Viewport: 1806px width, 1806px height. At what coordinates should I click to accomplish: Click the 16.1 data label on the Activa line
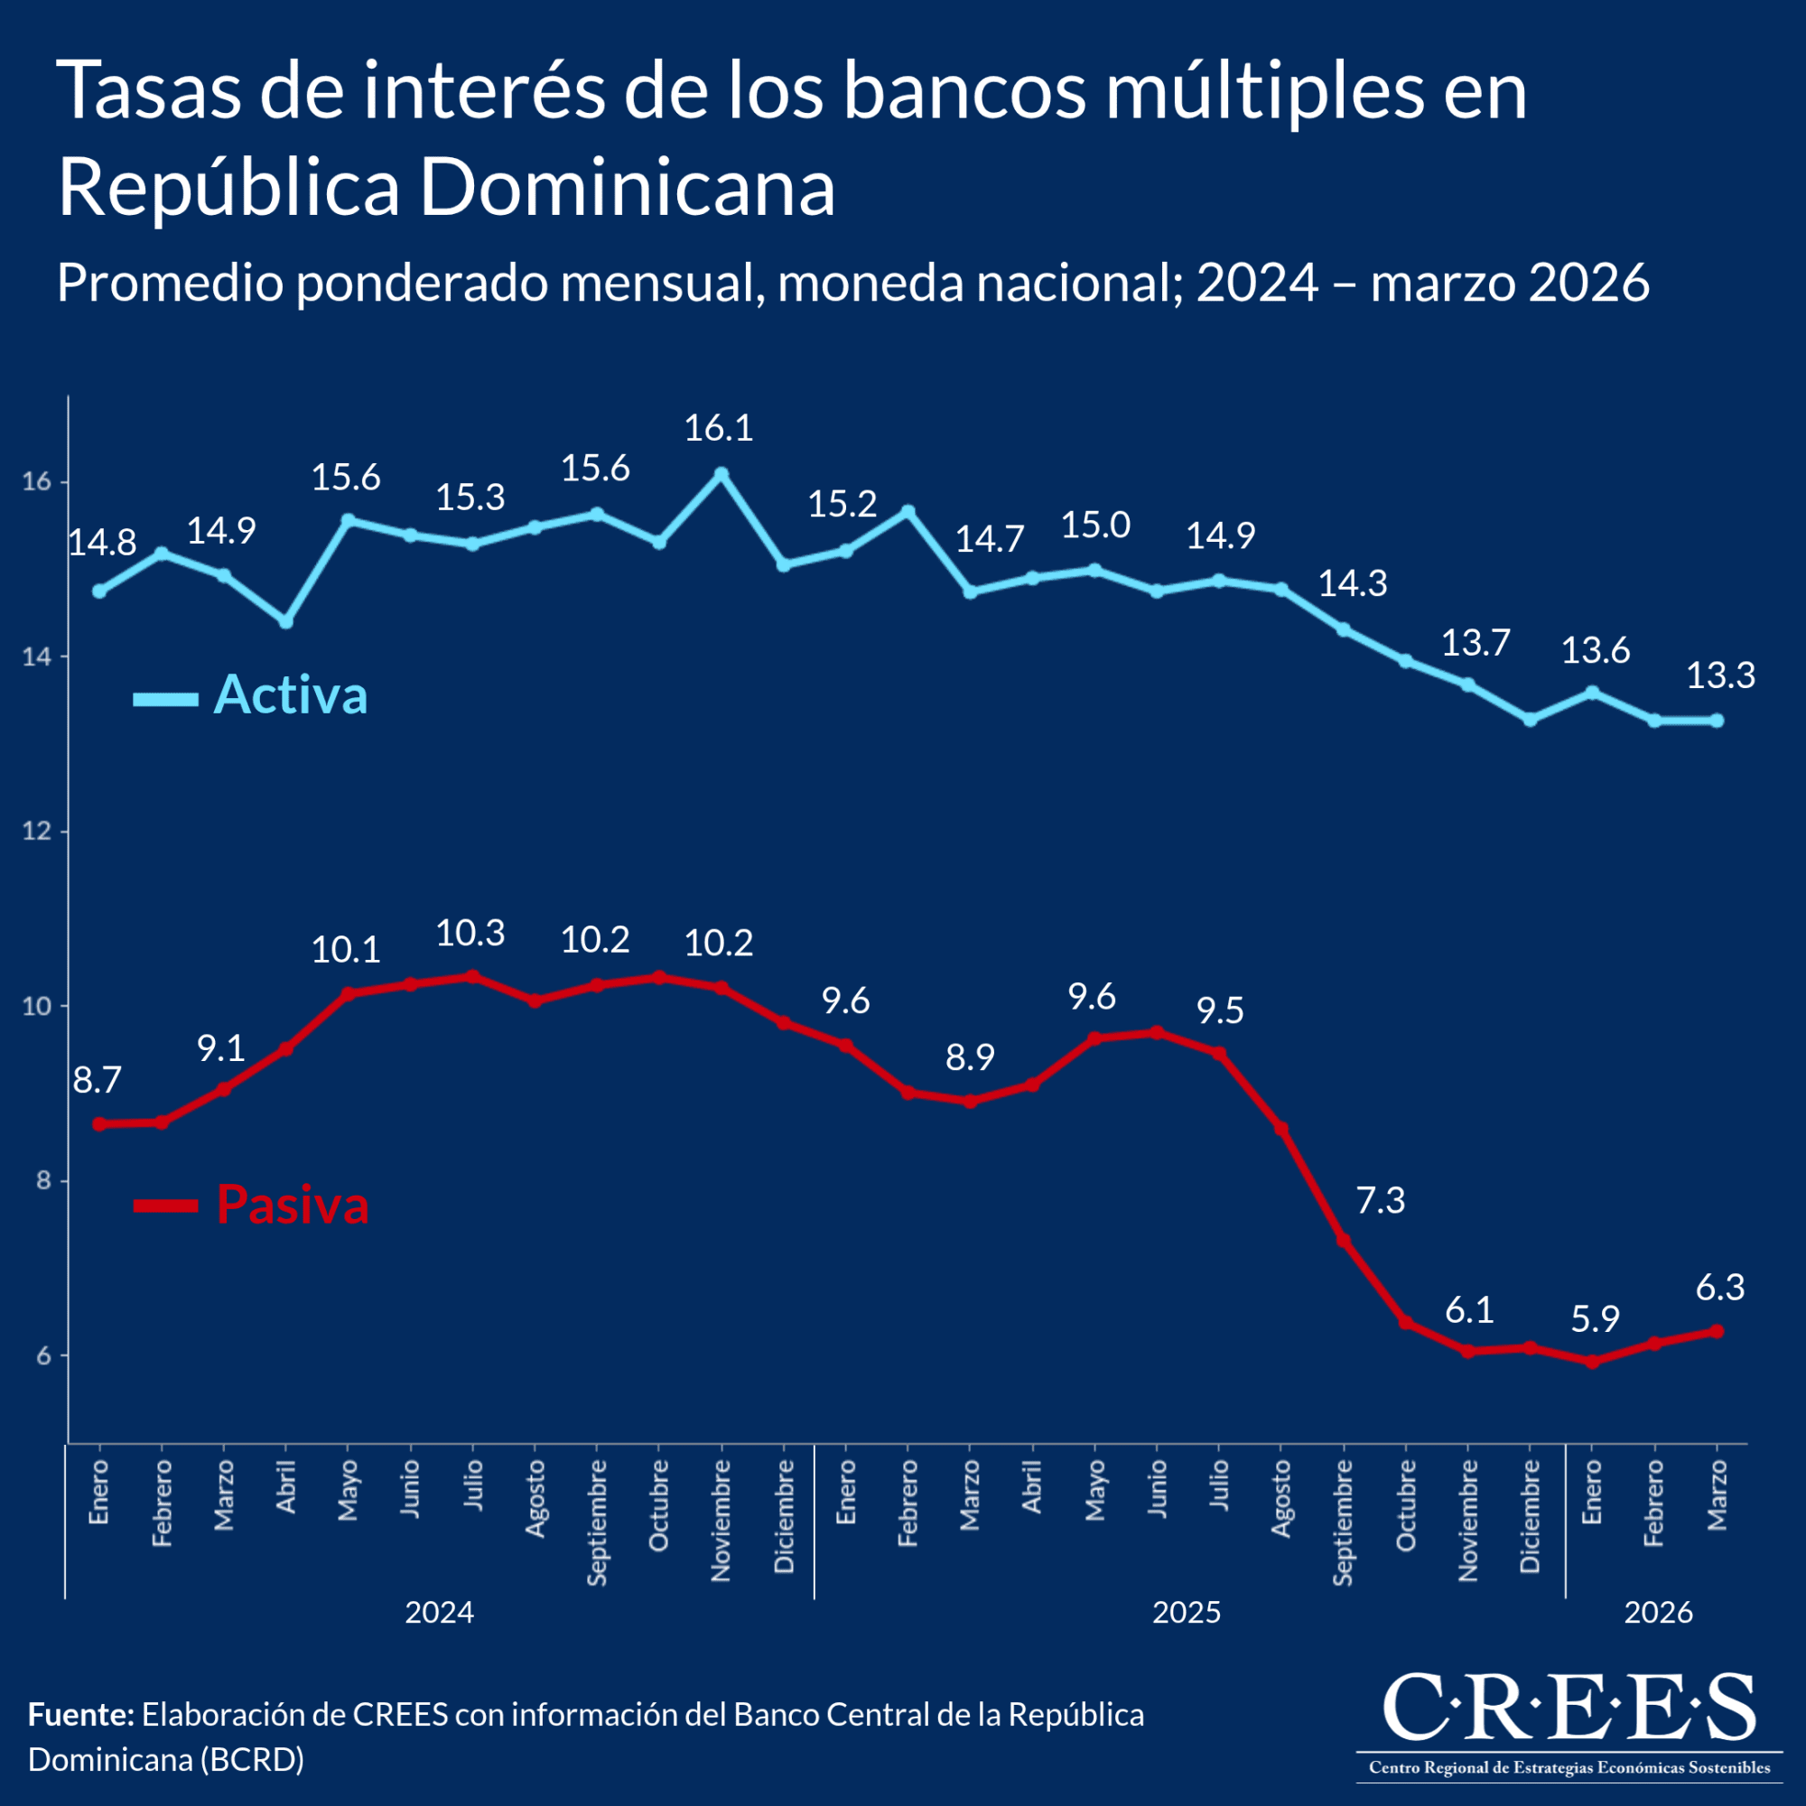(x=718, y=428)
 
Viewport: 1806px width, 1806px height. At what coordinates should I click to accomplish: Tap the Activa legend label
(x=291, y=694)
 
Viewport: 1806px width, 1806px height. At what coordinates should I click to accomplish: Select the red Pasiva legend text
(x=293, y=1204)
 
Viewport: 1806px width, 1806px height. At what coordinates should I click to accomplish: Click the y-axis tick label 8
(x=43, y=1180)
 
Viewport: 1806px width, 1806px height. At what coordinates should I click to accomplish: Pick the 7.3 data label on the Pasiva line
(x=1380, y=1200)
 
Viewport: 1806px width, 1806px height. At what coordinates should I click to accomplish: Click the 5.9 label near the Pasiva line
(x=1595, y=1319)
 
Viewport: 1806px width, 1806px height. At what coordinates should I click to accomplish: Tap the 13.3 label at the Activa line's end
(x=1720, y=675)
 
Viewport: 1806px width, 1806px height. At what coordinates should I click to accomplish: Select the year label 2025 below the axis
(x=1187, y=1613)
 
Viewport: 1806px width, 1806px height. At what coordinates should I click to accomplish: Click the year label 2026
(x=1658, y=1613)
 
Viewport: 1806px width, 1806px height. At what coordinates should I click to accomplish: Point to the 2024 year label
(x=440, y=1613)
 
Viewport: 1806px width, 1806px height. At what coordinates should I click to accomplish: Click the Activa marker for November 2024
(x=721, y=474)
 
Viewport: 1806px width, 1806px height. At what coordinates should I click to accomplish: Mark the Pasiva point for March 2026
(x=1717, y=1331)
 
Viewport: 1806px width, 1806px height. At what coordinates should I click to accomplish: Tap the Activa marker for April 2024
(x=286, y=621)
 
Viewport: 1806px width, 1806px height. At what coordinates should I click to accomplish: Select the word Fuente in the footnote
(x=81, y=1715)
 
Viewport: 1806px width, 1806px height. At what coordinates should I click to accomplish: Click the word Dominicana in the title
(x=627, y=188)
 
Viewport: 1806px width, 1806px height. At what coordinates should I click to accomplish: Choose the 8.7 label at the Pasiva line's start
(x=98, y=1081)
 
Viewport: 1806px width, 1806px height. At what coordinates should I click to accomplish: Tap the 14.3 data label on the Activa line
(x=1352, y=583)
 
